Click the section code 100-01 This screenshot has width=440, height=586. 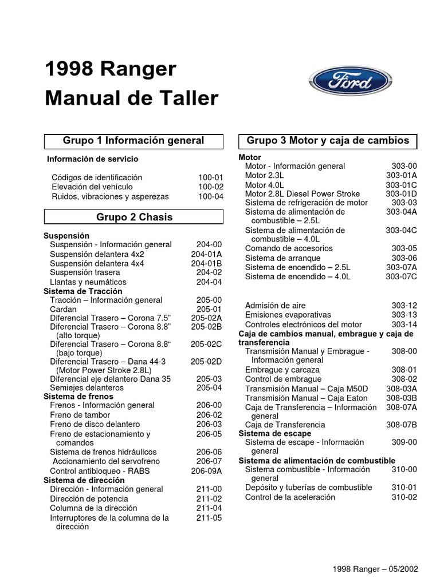click(211, 177)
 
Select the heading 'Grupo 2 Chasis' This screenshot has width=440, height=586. click(134, 217)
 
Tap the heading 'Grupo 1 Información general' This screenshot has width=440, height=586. click(133, 140)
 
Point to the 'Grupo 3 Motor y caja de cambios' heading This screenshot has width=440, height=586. click(328, 140)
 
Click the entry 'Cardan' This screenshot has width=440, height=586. click(63, 309)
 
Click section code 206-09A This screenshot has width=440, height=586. click(206, 471)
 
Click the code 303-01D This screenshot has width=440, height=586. click(401, 194)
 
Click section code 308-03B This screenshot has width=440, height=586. click(401, 398)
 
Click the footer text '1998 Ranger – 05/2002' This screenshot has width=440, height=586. click(375, 569)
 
